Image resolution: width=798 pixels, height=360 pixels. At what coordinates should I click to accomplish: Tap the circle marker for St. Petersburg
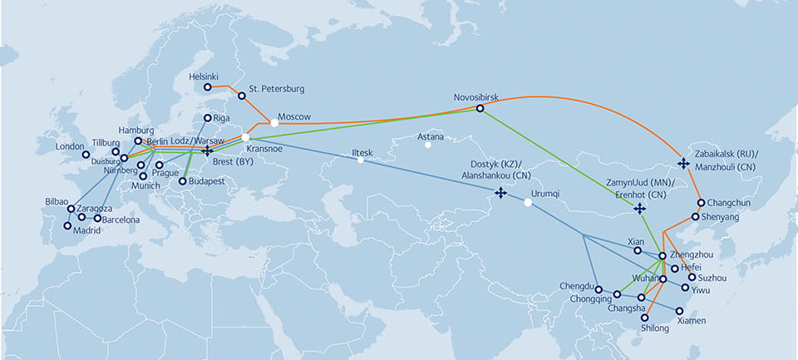[242, 96]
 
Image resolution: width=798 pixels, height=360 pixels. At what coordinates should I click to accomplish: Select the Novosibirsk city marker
[480, 108]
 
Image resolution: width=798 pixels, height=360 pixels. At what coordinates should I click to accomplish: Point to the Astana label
[431, 136]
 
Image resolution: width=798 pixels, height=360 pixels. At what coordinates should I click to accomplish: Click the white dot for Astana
[428, 145]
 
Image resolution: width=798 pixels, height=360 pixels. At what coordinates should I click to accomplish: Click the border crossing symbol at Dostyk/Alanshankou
[500, 193]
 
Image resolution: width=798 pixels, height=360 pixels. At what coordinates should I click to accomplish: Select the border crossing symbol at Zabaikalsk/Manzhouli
[683, 163]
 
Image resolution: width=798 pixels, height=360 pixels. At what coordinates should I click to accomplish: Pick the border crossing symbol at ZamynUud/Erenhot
[639, 208]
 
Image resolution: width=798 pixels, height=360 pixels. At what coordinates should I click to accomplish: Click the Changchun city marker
[702, 203]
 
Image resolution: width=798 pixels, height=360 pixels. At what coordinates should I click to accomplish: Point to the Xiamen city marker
[679, 311]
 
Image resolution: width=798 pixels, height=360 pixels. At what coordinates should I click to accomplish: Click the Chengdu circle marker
[598, 289]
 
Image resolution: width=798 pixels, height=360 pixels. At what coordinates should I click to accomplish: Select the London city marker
[86, 154]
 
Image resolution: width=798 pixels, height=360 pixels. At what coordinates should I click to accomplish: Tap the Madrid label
[84, 230]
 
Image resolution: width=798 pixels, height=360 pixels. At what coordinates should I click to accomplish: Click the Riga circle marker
[208, 118]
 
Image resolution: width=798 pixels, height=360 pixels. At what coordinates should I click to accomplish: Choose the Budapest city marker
[182, 181]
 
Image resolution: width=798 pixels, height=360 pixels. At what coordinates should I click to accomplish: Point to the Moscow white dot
[274, 123]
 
